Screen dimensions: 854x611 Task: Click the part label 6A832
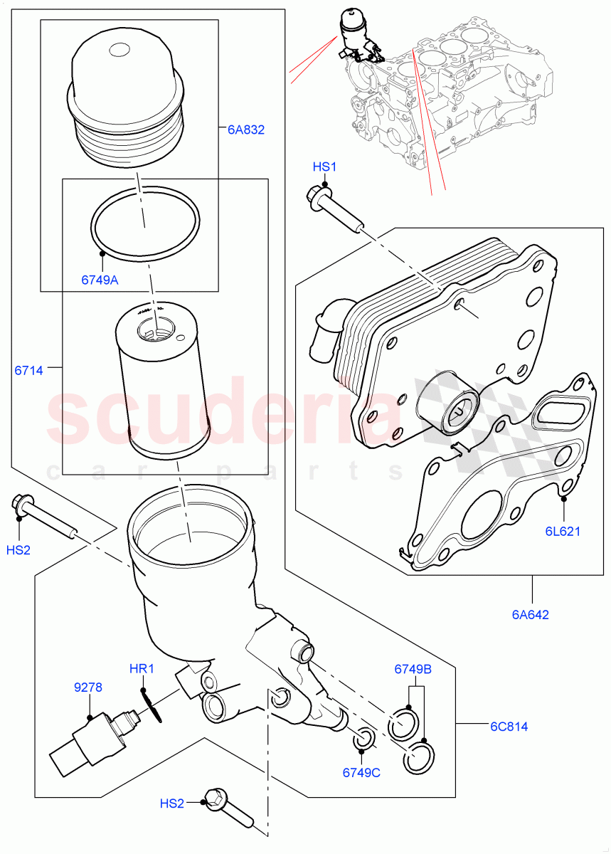coord(245,130)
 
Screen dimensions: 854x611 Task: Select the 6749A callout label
coord(100,280)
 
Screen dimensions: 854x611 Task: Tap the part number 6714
coord(28,370)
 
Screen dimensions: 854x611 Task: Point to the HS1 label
coord(324,167)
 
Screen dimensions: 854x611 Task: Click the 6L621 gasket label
coord(563,531)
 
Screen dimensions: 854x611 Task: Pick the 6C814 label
coord(509,727)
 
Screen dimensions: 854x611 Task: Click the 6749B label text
coord(413,669)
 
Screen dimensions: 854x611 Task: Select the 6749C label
coord(361,773)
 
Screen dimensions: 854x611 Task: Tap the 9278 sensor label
coord(88,687)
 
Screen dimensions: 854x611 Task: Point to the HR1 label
coord(142,669)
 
